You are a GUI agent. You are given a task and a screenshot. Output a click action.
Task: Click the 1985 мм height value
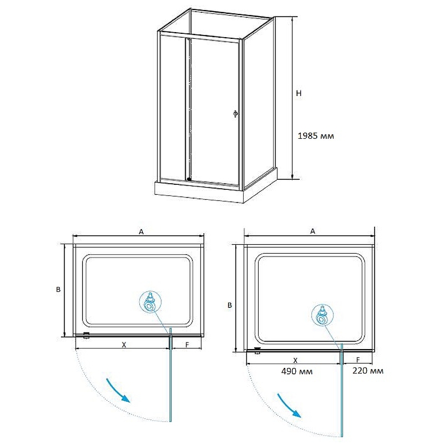[x=316, y=136]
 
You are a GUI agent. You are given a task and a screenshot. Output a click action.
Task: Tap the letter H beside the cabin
[x=299, y=93]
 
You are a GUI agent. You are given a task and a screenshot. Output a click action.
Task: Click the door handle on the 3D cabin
[x=235, y=114]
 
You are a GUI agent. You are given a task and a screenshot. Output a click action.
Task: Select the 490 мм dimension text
[x=297, y=371]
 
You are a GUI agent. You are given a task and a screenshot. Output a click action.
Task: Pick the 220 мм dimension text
[x=368, y=371]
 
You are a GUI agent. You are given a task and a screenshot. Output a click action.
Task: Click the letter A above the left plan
[x=141, y=232]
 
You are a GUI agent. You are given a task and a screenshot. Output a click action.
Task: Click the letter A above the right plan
[x=312, y=231]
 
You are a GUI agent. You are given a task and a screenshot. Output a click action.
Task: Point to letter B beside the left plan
[x=58, y=289]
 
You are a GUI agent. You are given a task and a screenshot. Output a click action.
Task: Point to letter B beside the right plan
[x=230, y=305]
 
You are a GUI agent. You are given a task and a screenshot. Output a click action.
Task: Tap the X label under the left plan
[x=124, y=345]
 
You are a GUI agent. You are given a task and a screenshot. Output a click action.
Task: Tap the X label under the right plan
[x=295, y=360]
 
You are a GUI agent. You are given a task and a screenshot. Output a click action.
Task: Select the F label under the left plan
[x=187, y=345]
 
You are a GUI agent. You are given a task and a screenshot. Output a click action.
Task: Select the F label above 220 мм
[x=358, y=360]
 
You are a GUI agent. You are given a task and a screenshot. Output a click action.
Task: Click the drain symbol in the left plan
[x=150, y=302]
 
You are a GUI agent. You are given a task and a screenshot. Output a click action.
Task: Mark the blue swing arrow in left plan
[x=118, y=390]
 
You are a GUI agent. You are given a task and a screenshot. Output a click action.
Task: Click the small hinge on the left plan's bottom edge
[x=87, y=335]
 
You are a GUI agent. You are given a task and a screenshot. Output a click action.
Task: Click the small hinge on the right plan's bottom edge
[x=258, y=351]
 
